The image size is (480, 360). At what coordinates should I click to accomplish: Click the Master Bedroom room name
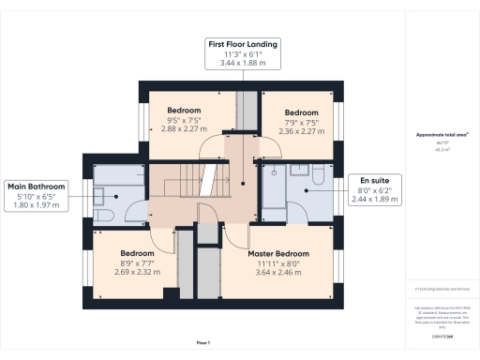[x=277, y=254]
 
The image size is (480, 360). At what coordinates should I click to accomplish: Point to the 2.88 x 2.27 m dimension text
[x=184, y=129]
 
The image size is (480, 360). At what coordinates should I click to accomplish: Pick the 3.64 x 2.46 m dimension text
[x=277, y=273]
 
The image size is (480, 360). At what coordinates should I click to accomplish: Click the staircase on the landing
[x=179, y=180]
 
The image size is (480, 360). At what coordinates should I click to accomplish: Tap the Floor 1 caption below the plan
[x=203, y=343]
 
